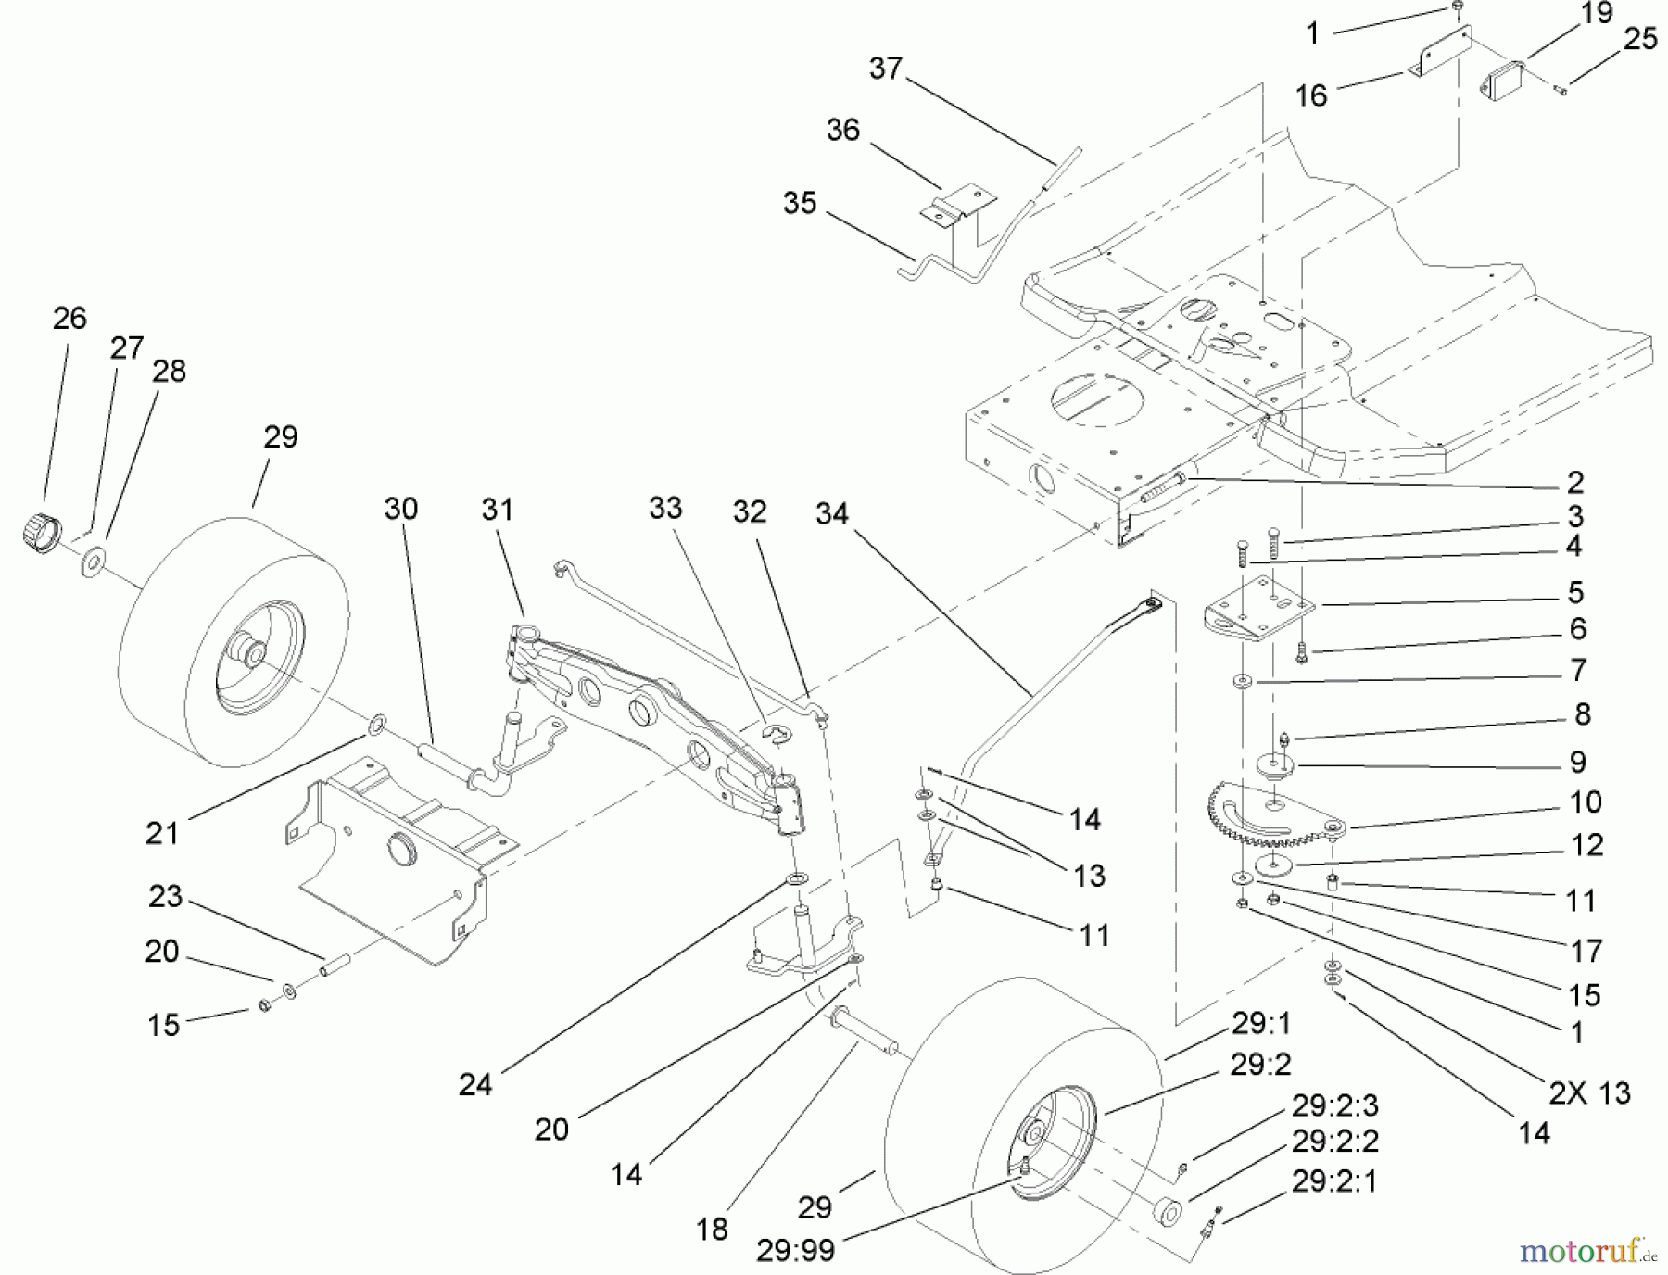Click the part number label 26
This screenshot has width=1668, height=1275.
[69, 318]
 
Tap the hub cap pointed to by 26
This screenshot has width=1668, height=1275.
[38, 535]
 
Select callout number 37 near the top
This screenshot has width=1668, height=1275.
[886, 68]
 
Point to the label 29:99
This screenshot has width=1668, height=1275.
[795, 1250]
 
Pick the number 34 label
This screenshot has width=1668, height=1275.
[832, 513]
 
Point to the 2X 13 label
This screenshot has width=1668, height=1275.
[1589, 1092]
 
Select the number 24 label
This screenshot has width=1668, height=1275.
[475, 1084]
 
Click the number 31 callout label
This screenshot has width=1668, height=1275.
[498, 509]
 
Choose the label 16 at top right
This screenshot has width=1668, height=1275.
[1311, 95]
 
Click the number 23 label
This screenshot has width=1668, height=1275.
[166, 897]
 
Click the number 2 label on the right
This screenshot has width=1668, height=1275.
[1575, 482]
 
